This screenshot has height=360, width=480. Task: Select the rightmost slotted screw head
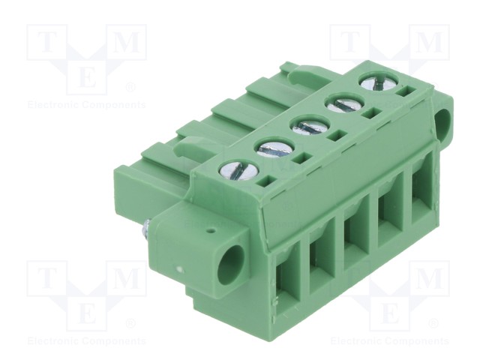click(x=379, y=82)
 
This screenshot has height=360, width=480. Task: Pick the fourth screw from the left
click(x=344, y=103)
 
